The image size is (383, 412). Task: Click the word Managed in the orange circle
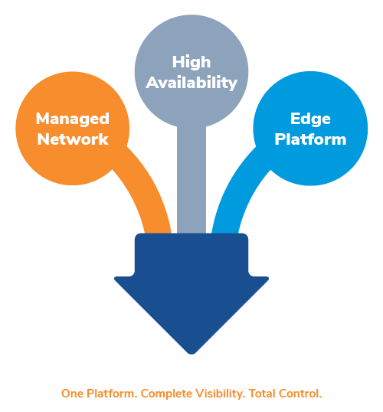[73, 119]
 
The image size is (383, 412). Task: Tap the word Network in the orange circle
[73, 139]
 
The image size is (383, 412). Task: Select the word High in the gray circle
[191, 63]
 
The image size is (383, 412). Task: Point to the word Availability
[191, 83]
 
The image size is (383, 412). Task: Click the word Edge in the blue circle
[310, 119]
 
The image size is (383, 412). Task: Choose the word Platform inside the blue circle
[310, 139]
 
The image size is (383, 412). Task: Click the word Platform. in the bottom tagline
[112, 394]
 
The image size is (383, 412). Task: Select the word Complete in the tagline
[167, 394]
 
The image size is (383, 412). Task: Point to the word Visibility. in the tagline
[221, 394]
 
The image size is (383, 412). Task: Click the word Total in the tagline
[262, 394]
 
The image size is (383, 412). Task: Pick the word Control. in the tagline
[300, 394]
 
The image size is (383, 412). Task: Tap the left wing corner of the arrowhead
[115, 279]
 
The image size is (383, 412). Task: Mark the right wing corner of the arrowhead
[268, 279]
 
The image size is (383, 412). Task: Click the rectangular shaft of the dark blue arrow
[191, 255]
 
